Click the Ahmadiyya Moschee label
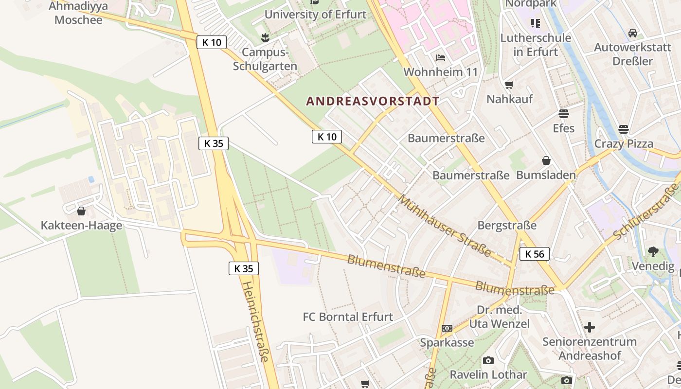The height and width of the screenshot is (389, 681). click(x=78, y=13)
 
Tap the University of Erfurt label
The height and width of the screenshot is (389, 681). click(x=315, y=14)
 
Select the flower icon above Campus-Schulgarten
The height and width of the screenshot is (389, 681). click(x=265, y=37)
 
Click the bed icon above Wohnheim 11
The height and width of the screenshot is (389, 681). click(x=441, y=58)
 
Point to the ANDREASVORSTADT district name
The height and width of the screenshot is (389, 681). click(x=373, y=101)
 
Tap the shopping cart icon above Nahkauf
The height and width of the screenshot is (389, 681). click(x=509, y=85)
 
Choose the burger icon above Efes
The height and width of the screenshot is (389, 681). click(x=564, y=114)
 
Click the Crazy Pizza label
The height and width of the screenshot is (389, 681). click(x=624, y=144)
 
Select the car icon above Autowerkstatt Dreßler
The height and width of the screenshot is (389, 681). click(x=633, y=33)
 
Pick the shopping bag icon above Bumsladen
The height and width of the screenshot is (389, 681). click(x=546, y=160)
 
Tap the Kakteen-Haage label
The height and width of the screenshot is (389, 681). click(x=81, y=226)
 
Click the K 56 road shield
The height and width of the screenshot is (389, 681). click(x=535, y=254)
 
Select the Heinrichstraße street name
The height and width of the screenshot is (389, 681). click(x=256, y=321)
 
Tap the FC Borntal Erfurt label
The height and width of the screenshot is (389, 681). click(x=348, y=317)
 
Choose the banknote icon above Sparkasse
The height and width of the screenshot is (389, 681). click(x=447, y=328)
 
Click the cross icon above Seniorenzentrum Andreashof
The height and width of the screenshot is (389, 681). click(x=590, y=327)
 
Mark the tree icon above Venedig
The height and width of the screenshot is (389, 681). click(x=653, y=251)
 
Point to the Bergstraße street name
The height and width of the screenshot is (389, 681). click(x=507, y=226)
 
